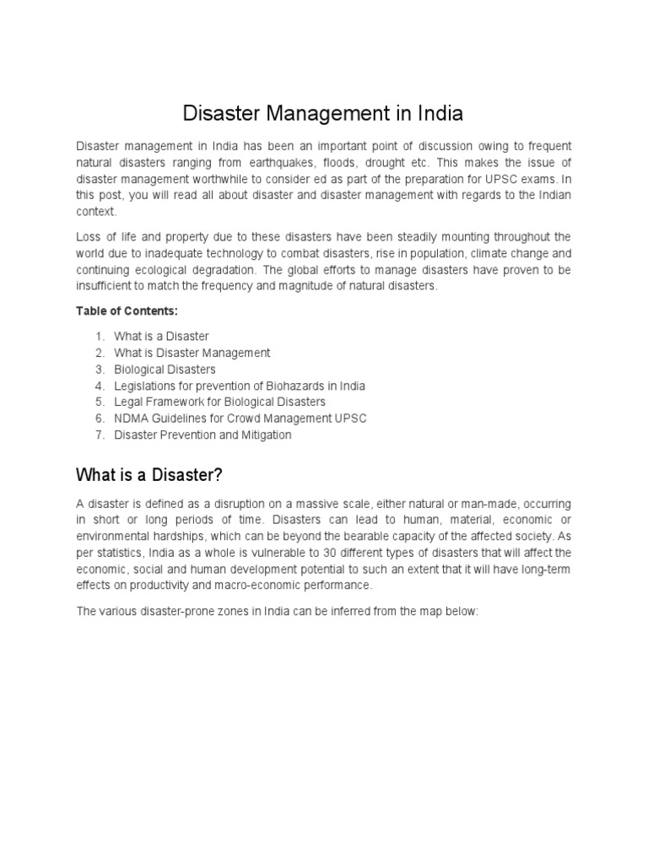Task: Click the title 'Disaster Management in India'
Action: [323, 113]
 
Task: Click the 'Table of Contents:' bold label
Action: [127, 311]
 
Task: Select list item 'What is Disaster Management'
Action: [192, 353]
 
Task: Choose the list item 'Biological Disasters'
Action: [165, 370]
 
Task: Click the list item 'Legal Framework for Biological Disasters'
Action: [219, 402]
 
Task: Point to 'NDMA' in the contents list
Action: [130, 418]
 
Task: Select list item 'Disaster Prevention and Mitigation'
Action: [202, 435]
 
